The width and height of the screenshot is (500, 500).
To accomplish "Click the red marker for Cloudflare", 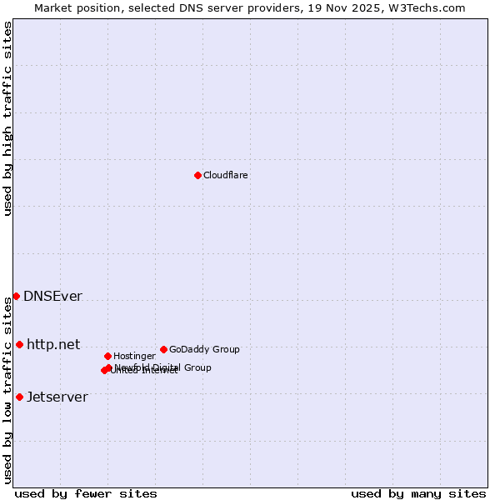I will coord(197,175).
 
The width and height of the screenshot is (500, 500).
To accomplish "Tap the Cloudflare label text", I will coord(225,176).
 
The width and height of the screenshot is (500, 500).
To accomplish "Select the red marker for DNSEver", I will coord(16,296).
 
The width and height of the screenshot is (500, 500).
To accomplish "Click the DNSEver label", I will coord(52,297).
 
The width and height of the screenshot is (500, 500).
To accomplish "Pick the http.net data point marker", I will coord(19,344).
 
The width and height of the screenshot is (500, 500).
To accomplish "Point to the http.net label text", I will coord(53,344).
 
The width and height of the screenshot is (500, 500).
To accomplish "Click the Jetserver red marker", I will coord(19,397).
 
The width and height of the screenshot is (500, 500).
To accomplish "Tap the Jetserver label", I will coord(57,397).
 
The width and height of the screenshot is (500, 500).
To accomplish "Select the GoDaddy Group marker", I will coord(163,349).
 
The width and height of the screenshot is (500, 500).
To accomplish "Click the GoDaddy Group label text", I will coord(204,350).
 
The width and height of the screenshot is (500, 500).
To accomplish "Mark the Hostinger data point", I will coord(107,356).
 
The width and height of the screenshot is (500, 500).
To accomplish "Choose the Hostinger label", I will coord(134,357).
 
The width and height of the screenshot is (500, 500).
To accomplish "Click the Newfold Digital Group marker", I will coord(109,367).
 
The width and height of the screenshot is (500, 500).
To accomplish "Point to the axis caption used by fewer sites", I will coord(86,493).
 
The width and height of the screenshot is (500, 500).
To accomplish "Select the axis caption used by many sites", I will coord(418,493).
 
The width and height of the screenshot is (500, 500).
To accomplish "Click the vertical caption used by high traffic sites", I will coord(7,118).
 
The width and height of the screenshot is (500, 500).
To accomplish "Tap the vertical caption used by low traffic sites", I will coord(7,390).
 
